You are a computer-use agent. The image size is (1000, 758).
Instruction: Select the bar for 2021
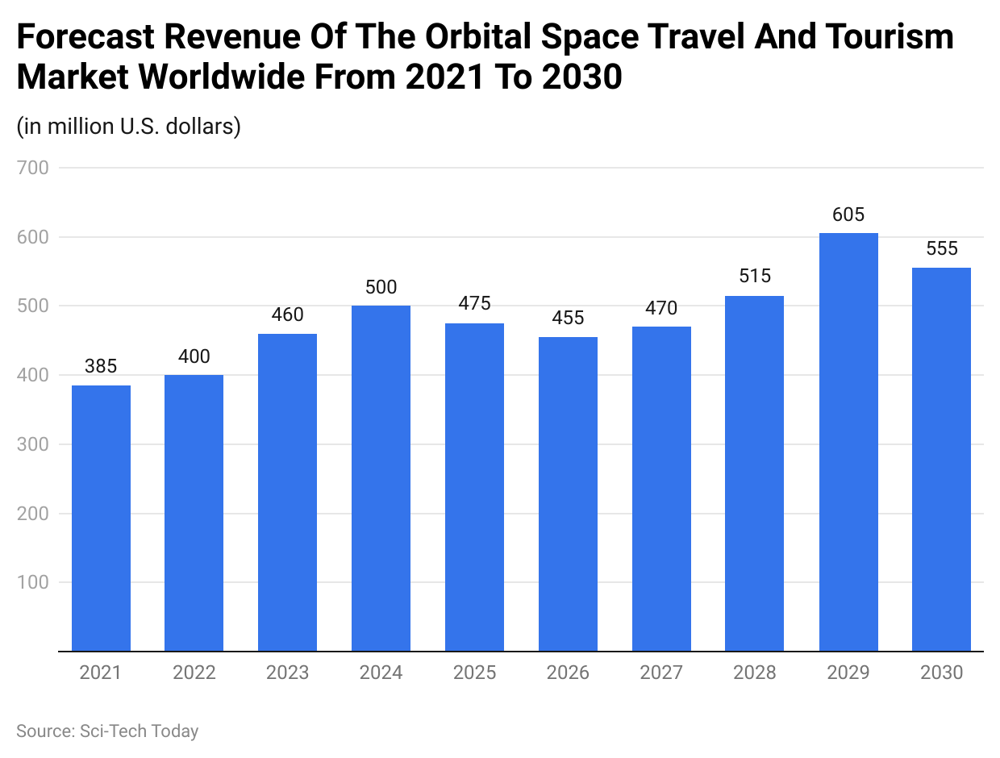101,518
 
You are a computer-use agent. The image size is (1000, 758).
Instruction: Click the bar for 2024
381,478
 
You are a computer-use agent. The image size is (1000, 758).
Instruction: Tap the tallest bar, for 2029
848,442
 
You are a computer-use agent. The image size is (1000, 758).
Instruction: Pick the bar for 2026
568,494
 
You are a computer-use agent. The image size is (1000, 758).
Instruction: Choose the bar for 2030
941,459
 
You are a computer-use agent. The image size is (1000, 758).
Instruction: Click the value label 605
848,214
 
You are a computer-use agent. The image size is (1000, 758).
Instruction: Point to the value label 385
101,367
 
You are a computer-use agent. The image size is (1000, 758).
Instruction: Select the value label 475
474,304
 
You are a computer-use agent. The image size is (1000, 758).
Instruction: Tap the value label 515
755,277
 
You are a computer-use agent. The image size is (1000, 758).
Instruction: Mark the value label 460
287,314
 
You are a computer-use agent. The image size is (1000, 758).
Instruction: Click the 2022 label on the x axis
194,673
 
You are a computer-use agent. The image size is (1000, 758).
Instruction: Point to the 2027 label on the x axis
661,673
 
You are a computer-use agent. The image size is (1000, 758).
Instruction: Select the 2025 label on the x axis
474,673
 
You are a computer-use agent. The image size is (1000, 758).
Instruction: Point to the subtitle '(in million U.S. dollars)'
128,127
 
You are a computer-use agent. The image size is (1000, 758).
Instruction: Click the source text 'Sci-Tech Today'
139,731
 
